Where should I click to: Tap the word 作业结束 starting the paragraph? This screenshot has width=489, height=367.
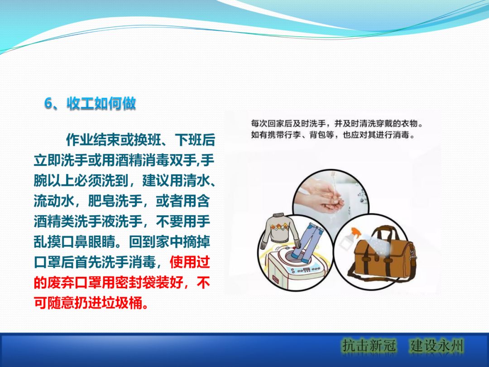93,140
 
